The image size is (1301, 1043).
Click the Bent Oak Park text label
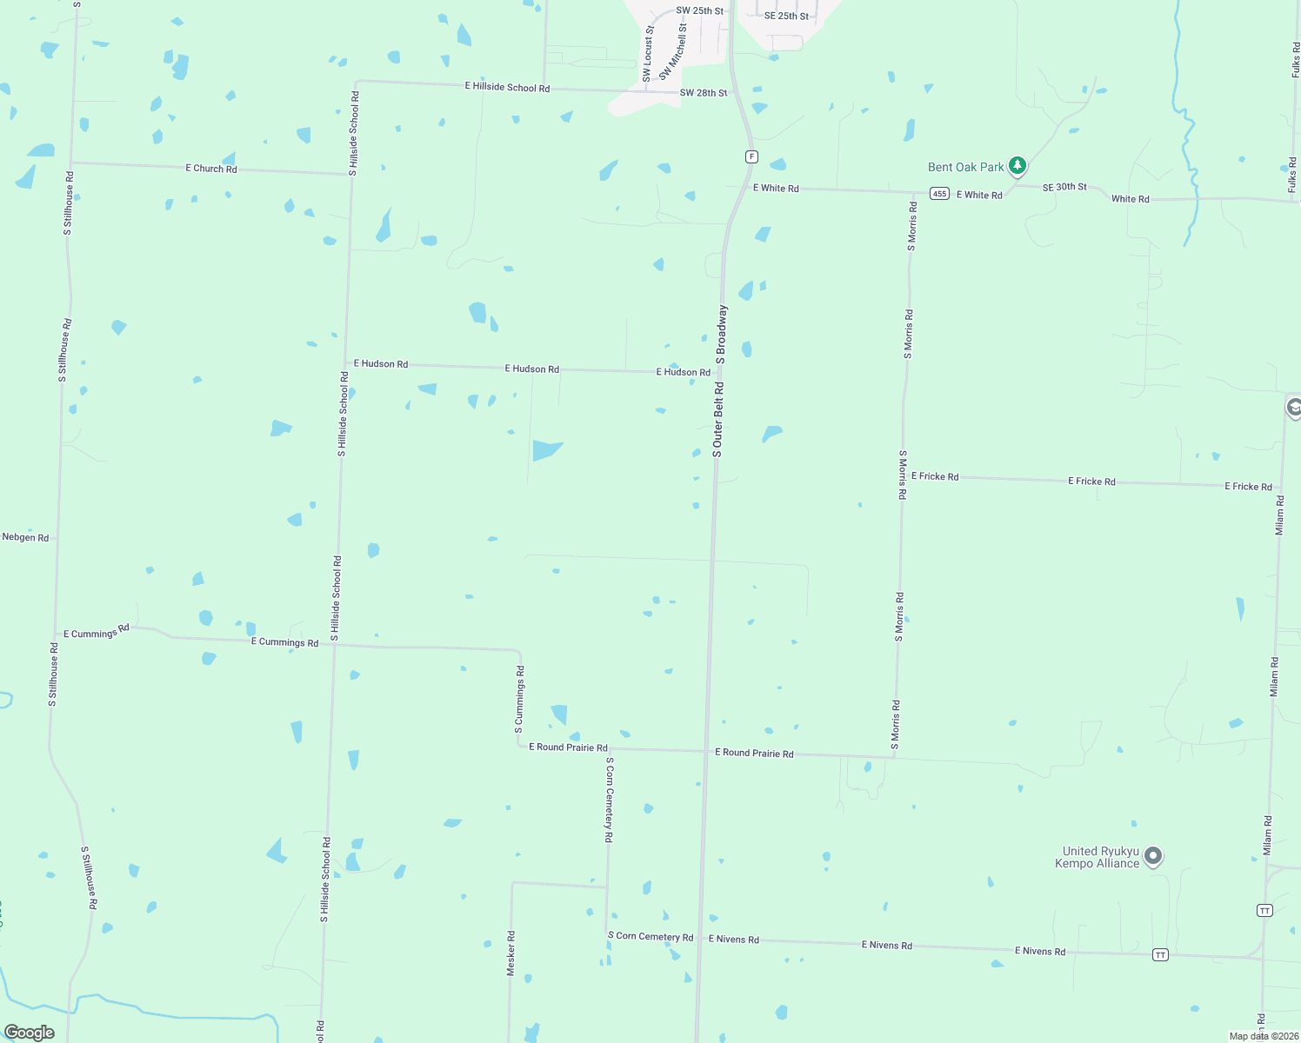click(965, 167)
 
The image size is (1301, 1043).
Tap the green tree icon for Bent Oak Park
click(1017, 165)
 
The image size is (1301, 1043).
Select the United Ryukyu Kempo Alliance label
click(1099, 858)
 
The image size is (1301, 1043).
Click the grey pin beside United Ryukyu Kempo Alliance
click(1153, 856)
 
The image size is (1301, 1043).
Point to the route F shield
click(751, 156)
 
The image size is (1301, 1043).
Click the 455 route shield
click(939, 194)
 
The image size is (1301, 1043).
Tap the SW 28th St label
click(703, 93)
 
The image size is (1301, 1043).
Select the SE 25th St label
click(786, 16)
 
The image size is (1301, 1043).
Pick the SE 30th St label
click(1064, 187)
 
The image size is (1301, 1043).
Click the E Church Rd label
click(210, 169)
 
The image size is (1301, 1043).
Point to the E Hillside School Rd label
click(507, 87)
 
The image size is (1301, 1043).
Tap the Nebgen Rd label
click(25, 537)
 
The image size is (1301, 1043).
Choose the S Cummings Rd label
click(520, 696)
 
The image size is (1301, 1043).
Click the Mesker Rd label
click(511, 953)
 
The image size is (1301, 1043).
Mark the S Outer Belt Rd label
click(717, 420)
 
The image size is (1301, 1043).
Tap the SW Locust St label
click(648, 54)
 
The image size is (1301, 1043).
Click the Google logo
click(30, 1033)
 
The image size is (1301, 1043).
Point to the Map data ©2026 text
click(1263, 1036)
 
